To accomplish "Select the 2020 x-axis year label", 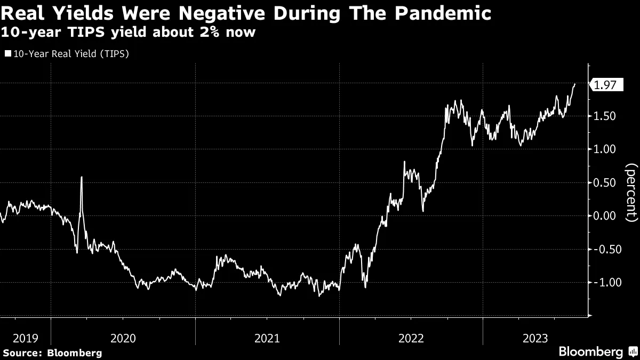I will [x=123, y=338].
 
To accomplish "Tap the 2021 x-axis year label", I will [x=267, y=338].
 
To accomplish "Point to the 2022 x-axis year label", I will [x=411, y=338].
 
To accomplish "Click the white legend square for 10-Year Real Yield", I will [x=7, y=53].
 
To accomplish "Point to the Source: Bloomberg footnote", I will [x=52, y=353].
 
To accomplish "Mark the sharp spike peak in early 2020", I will [x=82, y=177].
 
